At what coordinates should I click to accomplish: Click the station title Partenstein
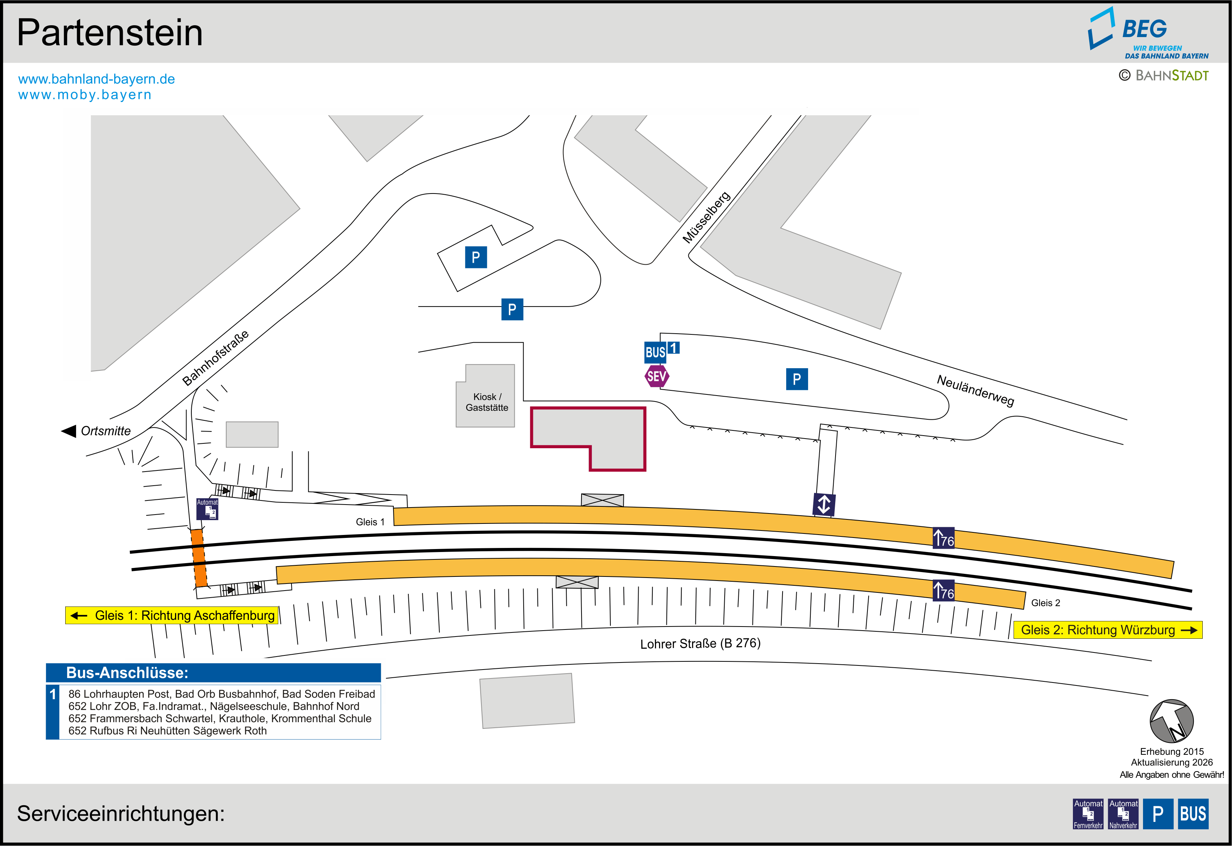coord(110,33)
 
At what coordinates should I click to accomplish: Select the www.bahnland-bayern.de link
coord(96,79)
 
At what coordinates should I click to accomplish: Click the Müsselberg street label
coord(706,217)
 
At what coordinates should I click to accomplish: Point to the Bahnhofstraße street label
coord(215,358)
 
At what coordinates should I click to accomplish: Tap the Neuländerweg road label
coord(975,390)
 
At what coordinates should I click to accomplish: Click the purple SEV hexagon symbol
coord(657,376)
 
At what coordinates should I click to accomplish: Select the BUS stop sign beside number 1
coord(655,352)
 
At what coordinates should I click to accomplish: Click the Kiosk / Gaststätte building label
coord(487,402)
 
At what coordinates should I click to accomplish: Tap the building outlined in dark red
coord(588,439)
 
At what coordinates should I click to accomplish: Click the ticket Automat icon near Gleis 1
coord(207,509)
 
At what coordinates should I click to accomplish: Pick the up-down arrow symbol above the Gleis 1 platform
coord(824,504)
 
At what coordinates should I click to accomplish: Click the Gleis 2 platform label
coord(1045,603)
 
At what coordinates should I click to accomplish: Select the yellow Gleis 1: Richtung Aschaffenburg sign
coord(172,615)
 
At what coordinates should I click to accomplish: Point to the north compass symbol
coord(1172,721)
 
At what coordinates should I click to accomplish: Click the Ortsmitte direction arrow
coord(69,431)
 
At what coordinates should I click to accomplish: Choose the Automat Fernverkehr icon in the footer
coord(1088,814)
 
